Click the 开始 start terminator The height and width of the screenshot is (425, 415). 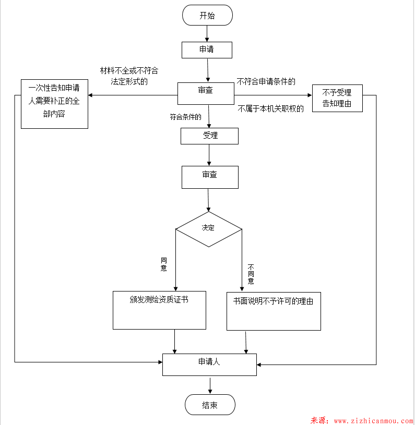pyautogui.click(x=207, y=15)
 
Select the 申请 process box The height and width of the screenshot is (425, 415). pyautogui.click(x=207, y=50)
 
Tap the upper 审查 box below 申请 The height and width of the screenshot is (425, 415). pyautogui.click(x=206, y=93)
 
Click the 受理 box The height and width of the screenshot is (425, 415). pyautogui.click(x=209, y=136)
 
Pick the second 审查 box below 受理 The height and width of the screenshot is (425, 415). pyautogui.click(x=209, y=177)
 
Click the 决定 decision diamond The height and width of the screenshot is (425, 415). pyautogui.click(x=208, y=228)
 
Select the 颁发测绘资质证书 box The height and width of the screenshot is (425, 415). pyautogui.click(x=159, y=310)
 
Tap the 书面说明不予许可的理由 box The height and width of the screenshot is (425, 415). pyautogui.click(x=274, y=311)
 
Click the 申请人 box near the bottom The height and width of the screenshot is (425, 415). pyautogui.click(x=209, y=364)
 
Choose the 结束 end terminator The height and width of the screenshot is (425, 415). pyautogui.click(x=210, y=405)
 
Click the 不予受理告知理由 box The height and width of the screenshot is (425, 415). pyautogui.click(x=337, y=98)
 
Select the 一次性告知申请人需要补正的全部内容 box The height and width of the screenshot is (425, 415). pyautogui.click(x=54, y=103)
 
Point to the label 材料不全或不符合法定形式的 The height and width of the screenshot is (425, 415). pyautogui.click(x=129, y=76)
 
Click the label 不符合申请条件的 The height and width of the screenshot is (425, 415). pyautogui.click(x=266, y=81)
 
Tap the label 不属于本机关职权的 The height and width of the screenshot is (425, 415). pyautogui.click(x=270, y=109)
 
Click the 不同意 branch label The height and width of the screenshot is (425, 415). pyautogui.click(x=251, y=274)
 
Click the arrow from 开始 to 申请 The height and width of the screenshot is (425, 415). pyautogui.click(x=207, y=33)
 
